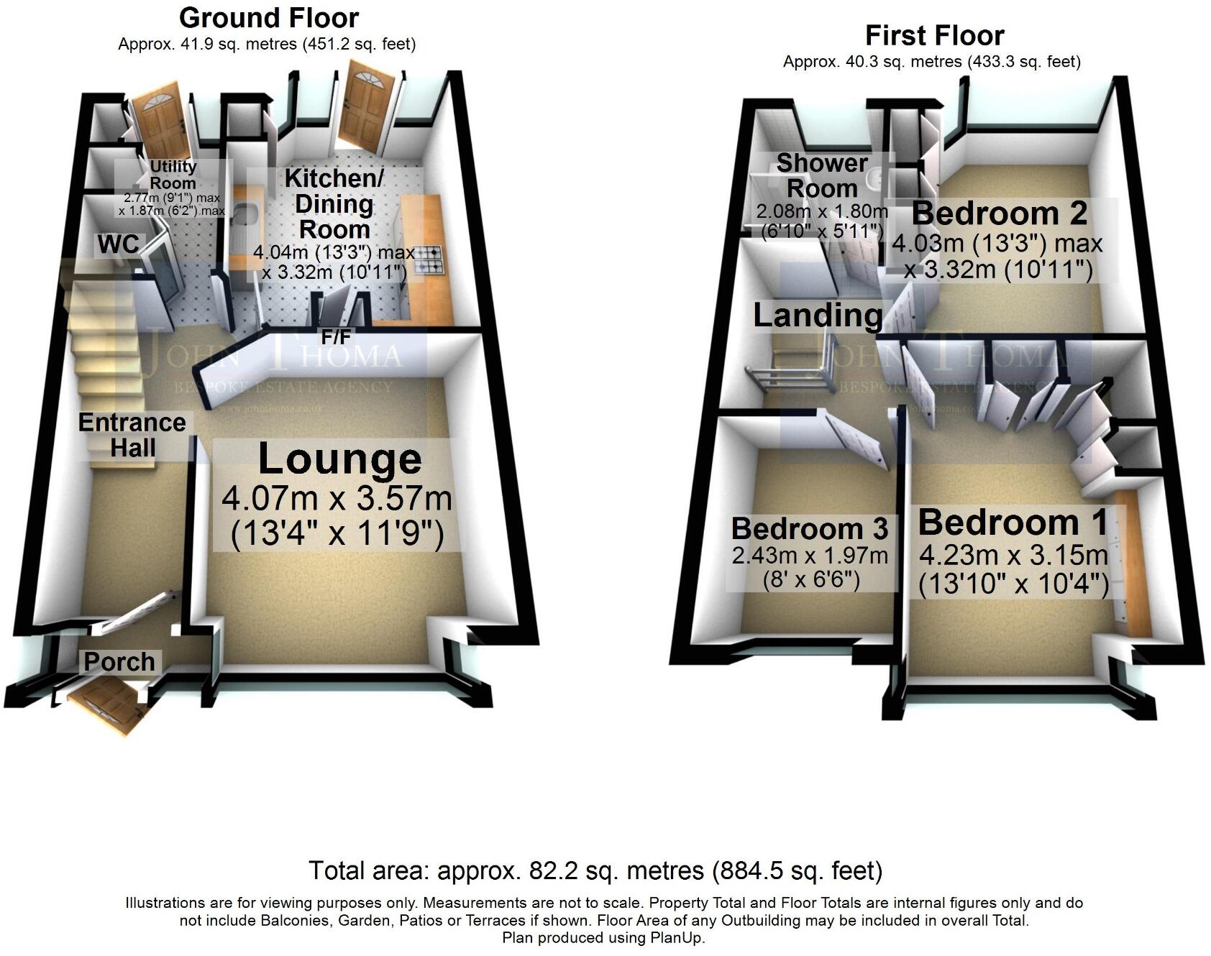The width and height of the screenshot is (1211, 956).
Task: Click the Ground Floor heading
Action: [269, 17]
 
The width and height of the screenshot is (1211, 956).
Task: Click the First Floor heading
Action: [934, 35]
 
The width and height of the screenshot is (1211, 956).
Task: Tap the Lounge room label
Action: [339, 460]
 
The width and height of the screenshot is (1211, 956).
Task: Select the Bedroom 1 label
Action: [1013, 523]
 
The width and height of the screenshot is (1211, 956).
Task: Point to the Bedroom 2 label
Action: [999, 213]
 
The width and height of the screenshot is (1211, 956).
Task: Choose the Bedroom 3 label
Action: [810, 528]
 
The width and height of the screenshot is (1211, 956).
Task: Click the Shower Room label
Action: [821, 175]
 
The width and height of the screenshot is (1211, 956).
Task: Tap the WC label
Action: [119, 244]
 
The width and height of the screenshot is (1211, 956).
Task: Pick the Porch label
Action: [119, 661]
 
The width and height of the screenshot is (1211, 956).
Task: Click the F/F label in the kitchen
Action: [336, 336]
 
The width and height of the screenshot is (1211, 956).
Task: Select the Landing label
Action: [818, 316]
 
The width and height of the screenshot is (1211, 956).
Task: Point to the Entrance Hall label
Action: [132, 435]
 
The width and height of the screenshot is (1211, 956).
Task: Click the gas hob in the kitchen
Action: [429, 259]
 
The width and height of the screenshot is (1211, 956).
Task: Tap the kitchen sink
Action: [242, 216]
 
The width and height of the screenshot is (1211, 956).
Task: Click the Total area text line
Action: [595, 870]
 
